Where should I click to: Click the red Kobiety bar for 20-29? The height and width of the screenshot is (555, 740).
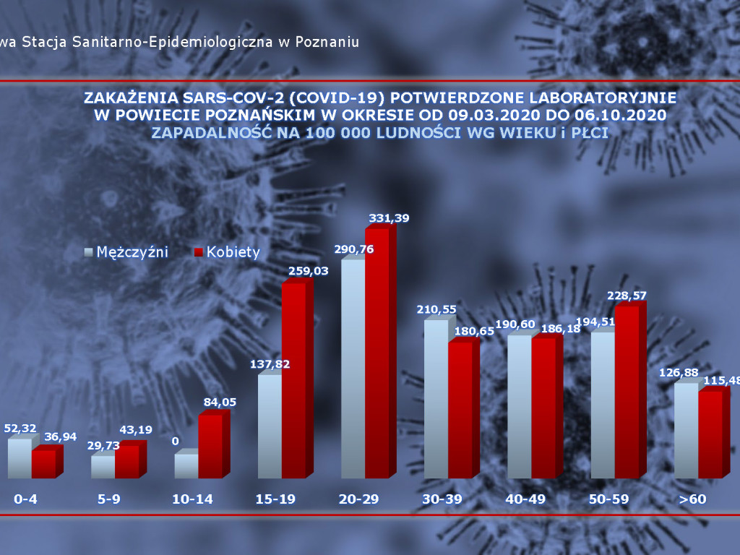pos(377,354)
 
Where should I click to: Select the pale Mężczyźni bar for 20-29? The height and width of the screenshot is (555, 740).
pos(353,369)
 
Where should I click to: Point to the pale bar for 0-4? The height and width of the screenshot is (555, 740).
pos(20,458)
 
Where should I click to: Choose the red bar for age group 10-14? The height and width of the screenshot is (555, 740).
pos(210,447)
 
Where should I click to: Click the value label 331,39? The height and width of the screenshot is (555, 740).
pos(384,218)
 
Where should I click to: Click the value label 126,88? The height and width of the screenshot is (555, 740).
pos(679,373)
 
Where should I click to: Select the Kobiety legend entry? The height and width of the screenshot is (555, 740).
pos(227,252)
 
